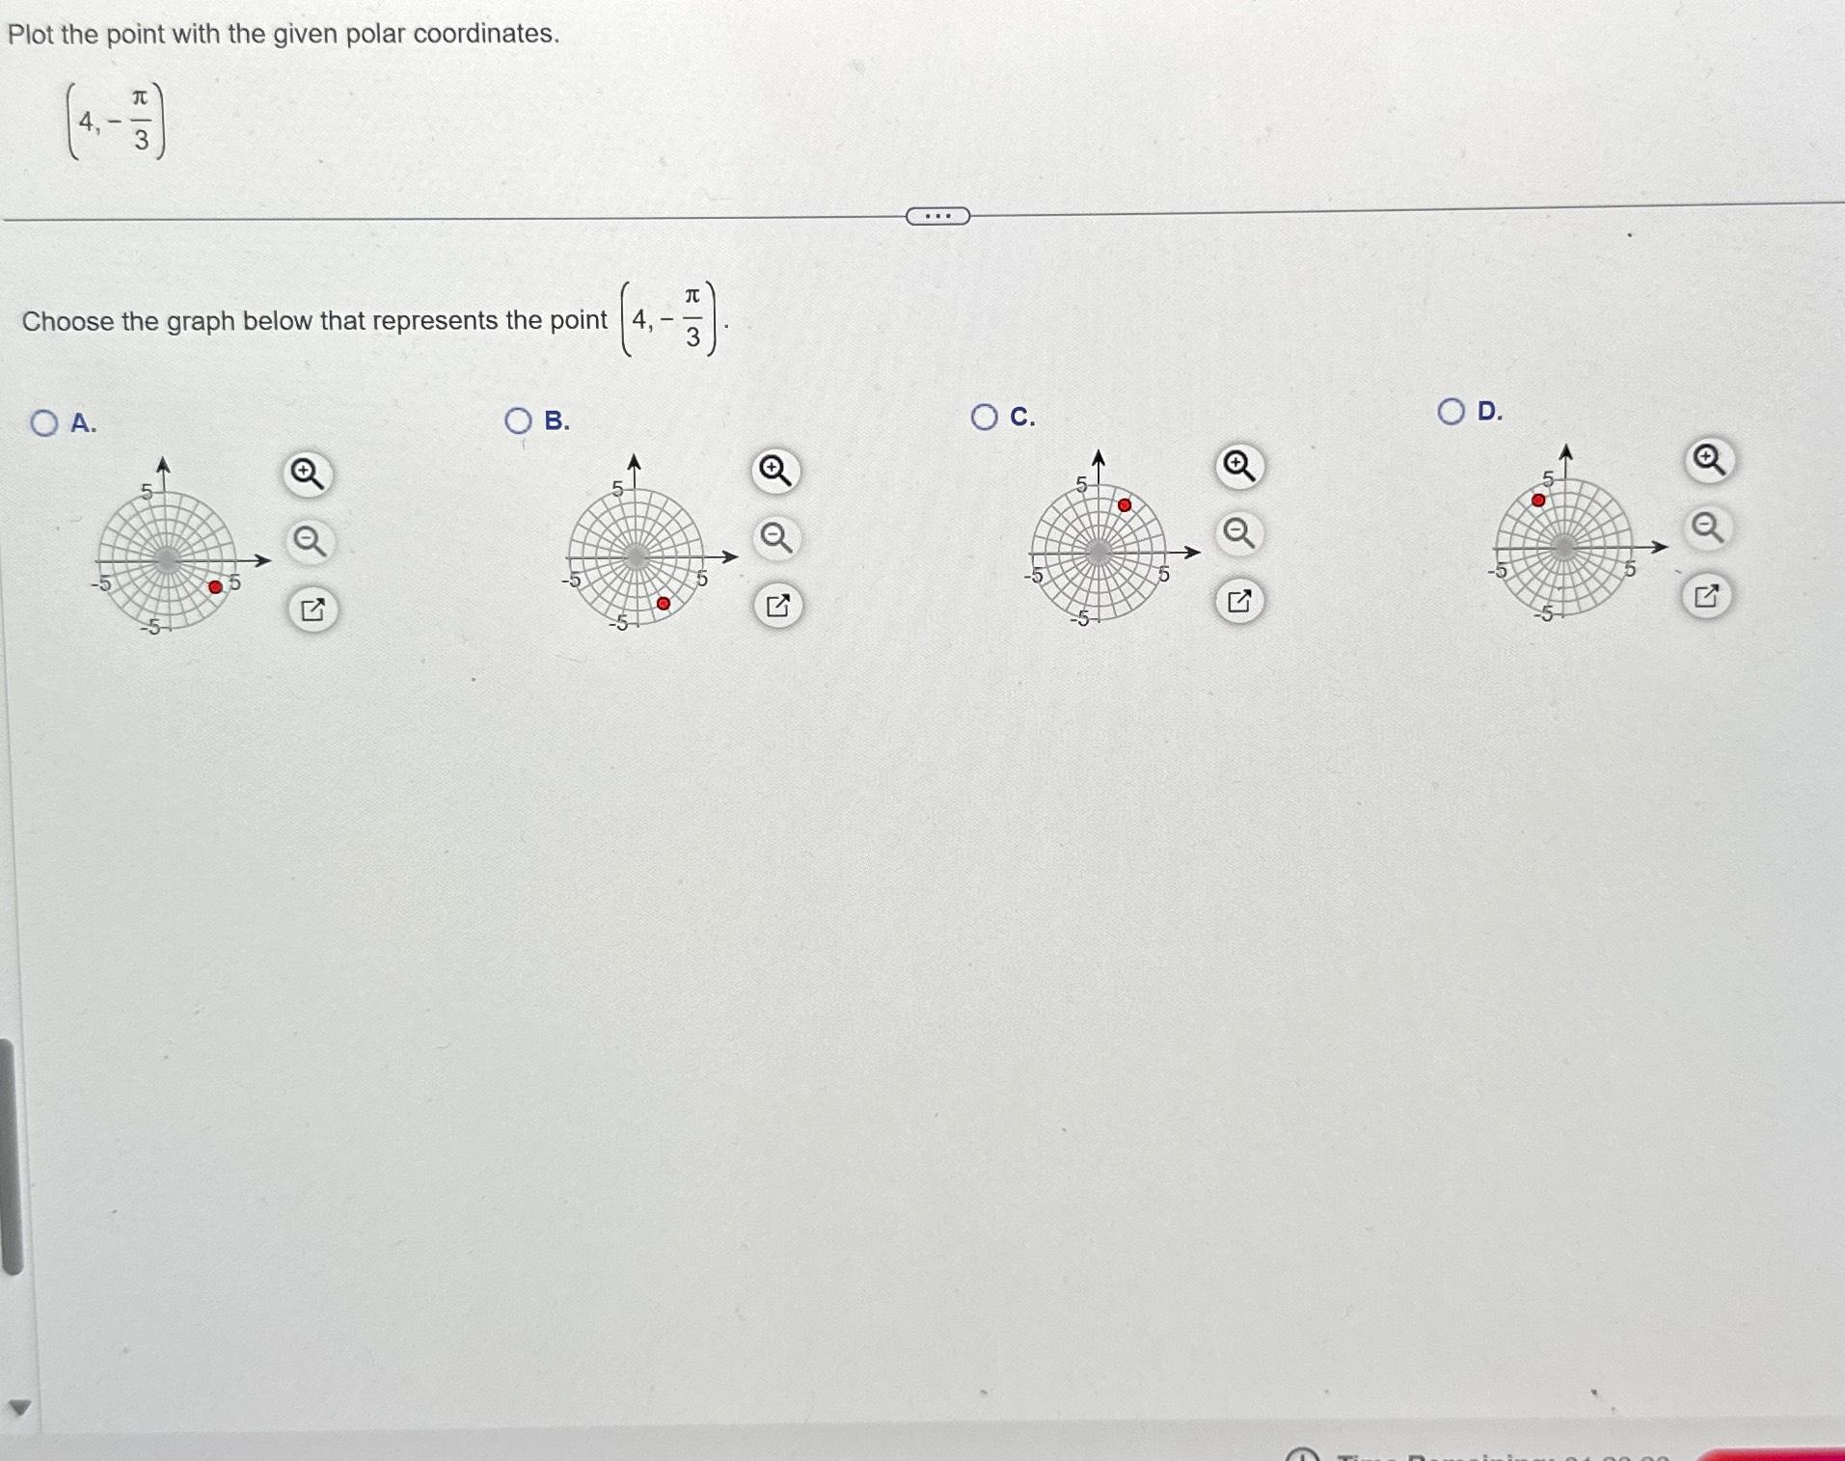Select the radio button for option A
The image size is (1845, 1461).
click(43, 422)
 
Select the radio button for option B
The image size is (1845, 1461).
click(518, 420)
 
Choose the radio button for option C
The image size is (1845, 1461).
click(984, 417)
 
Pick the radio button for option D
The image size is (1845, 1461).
click(1451, 412)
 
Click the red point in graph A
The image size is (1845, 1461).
click(215, 586)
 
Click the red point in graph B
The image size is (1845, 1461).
click(664, 603)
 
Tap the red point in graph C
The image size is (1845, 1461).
click(1125, 505)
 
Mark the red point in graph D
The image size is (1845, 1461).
click(1538, 501)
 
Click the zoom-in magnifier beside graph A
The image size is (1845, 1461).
click(308, 474)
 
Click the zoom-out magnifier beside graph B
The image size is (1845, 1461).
click(776, 536)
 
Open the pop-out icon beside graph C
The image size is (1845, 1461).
click(1239, 601)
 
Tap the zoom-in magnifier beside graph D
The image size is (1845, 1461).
click(1709, 460)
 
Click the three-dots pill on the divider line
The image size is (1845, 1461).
click(937, 216)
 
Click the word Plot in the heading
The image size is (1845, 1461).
click(30, 35)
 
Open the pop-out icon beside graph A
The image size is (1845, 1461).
click(312, 609)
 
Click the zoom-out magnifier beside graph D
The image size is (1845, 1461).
click(1708, 528)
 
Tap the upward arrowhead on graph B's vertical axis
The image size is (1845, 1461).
click(634, 462)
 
